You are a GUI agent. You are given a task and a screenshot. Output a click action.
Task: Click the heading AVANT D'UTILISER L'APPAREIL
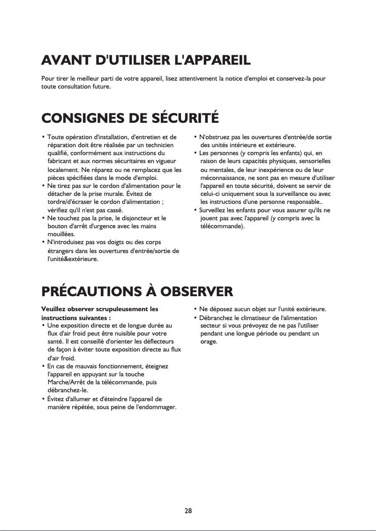pos(146,61)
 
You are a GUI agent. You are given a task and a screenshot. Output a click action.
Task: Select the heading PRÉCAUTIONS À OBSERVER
pos(137,292)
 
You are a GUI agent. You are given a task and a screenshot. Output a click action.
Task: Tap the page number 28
pos(188,511)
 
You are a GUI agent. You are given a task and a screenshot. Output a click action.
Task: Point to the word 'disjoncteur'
pos(134,218)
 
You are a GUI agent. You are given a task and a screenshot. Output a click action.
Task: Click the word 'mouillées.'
pos(61,233)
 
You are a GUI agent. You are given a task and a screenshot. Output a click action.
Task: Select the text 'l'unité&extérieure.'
pos(73,259)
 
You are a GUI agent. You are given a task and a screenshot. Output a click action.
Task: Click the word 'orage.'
pos(209,341)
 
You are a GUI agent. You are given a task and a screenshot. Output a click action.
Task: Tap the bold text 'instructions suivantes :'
pos(76,317)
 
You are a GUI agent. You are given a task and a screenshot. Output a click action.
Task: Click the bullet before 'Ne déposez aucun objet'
pos(195,309)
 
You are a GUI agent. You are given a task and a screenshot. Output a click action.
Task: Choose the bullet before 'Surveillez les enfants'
pos(195,210)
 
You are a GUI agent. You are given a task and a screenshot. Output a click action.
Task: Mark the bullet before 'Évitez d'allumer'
pos(44,399)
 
